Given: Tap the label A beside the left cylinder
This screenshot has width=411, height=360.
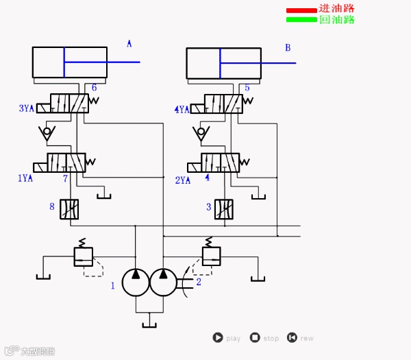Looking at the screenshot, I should click(x=129, y=44).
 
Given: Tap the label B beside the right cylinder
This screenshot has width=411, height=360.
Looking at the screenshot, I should click(x=288, y=47).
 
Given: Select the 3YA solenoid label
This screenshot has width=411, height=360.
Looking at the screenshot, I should click(x=26, y=108).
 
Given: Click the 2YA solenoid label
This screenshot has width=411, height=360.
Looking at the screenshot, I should click(x=183, y=180).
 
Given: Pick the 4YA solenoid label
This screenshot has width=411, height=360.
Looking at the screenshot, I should click(x=182, y=109).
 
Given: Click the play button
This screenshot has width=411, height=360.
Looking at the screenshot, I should click(x=218, y=337).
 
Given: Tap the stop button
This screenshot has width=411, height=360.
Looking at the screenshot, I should click(x=255, y=337).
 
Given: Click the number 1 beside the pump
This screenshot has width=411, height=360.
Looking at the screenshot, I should click(x=113, y=285).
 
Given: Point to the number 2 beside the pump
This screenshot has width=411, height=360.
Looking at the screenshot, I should click(x=199, y=281).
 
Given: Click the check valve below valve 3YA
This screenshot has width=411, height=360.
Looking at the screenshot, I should click(x=47, y=132).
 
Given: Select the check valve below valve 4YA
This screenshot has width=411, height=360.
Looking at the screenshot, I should click(x=203, y=132).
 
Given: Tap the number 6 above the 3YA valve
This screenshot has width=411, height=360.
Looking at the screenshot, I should click(x=94, y=87).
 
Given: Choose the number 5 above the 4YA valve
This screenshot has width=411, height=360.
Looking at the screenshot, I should click(x=247, y=87).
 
